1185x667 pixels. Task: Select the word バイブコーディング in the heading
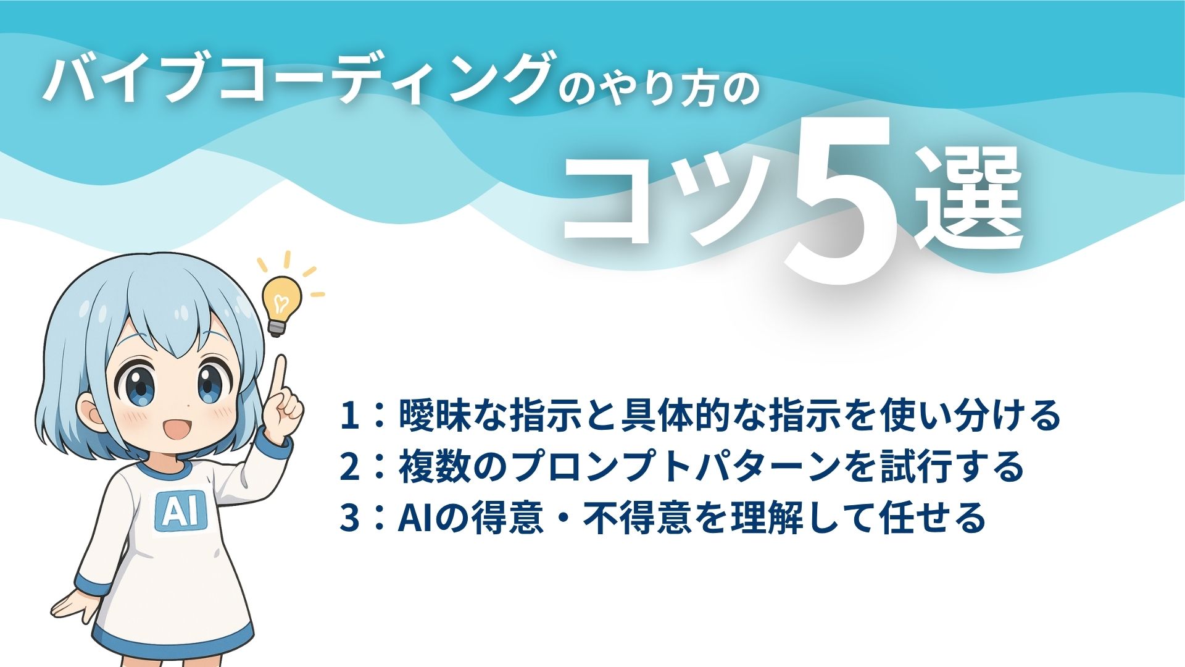tap(296, 80)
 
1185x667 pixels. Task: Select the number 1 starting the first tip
tap(350, 416)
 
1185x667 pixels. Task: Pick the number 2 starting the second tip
tap(350, 467)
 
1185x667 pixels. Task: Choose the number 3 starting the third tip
tap(350, 518)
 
